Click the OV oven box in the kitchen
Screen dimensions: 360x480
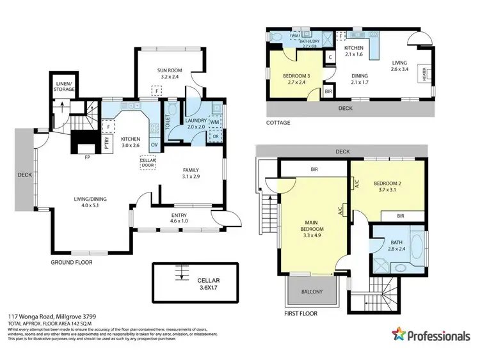click(x=154, y=145)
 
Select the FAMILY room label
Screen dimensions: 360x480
click(x=191, y=173)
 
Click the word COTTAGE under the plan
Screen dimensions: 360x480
click(x=278, y=123)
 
